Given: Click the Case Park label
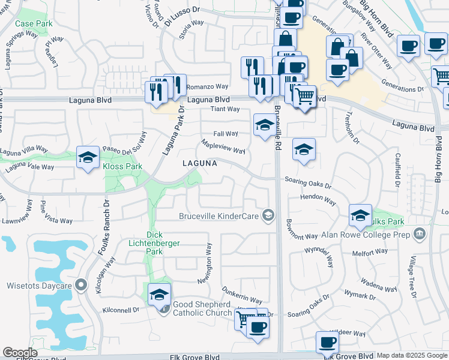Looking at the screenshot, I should pos(34,24).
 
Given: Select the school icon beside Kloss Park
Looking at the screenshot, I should pos(88,158).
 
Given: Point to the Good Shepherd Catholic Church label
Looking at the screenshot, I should pos(202,308).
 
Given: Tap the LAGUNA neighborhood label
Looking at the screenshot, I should pos(200,163).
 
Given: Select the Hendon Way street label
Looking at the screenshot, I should pos(318,196).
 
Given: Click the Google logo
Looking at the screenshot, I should pos(20,353).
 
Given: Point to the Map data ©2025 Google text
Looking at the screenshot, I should pos(412,355).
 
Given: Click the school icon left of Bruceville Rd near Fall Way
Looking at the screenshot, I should pos(263,125).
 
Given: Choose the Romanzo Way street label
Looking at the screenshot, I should pos(209,86).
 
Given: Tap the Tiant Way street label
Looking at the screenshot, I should pos(225,109).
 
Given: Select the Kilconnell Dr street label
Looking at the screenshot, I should pos(121,310).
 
